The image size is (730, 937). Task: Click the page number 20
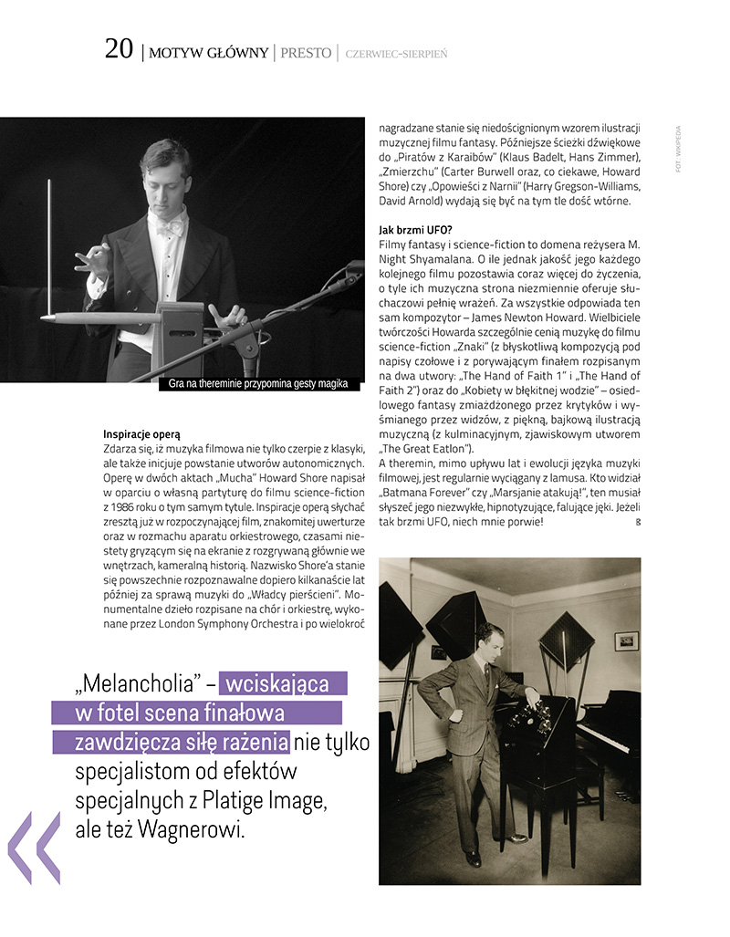click(x=119, y=49)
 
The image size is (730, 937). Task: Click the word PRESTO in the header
click(x=306, y=53)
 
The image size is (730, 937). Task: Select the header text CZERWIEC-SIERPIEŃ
click(x=396, y=54)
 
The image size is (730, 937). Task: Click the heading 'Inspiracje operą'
click(x=141, y=433)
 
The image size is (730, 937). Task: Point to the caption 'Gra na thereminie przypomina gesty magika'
click(x=258, y=384)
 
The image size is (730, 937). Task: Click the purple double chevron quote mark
click(x=35, y=848)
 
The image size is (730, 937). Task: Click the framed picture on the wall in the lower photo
click(x=626, y=640)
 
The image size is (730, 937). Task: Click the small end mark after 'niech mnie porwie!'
click(x=637, y=522)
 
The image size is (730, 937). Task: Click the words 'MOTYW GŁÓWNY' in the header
click(x=208, y=53)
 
